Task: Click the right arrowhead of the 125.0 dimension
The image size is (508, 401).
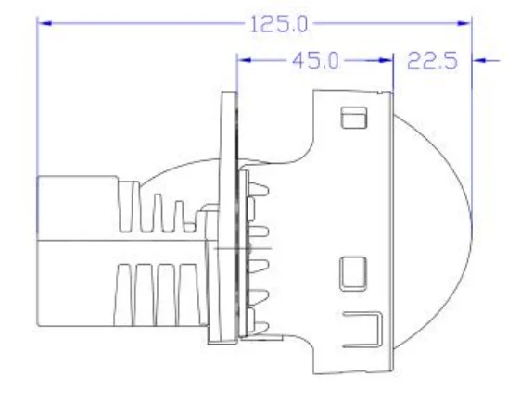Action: [x=465, y=23]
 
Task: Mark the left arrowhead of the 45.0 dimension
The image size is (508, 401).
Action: [x=245, y=61]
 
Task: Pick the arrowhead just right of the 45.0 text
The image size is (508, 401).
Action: [x=387, y=61]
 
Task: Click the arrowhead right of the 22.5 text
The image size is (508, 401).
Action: [x=478, y=61]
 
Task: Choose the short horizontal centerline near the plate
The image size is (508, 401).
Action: [x=239, y=250]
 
